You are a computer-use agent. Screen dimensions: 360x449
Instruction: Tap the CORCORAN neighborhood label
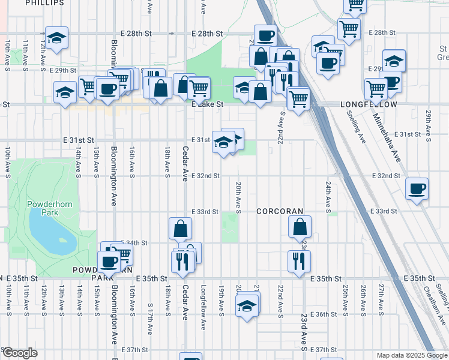click(280, 212)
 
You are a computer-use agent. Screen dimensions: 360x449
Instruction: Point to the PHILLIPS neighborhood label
click(45, 3)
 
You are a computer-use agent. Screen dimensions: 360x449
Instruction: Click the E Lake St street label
click(207, 104)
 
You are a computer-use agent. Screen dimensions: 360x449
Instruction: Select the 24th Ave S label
click(328, 197)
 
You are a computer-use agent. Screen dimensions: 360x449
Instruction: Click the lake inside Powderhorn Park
click(51, 235)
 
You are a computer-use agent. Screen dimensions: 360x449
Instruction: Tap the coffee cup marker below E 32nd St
click(417, 189)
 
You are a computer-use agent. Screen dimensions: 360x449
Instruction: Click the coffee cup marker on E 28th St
click(265, 35)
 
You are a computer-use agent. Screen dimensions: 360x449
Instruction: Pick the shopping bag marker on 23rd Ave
click(300, 227)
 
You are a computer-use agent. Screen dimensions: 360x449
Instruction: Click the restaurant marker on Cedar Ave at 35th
click(182, 261)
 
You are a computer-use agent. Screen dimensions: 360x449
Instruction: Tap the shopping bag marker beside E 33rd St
click(180, 228)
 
